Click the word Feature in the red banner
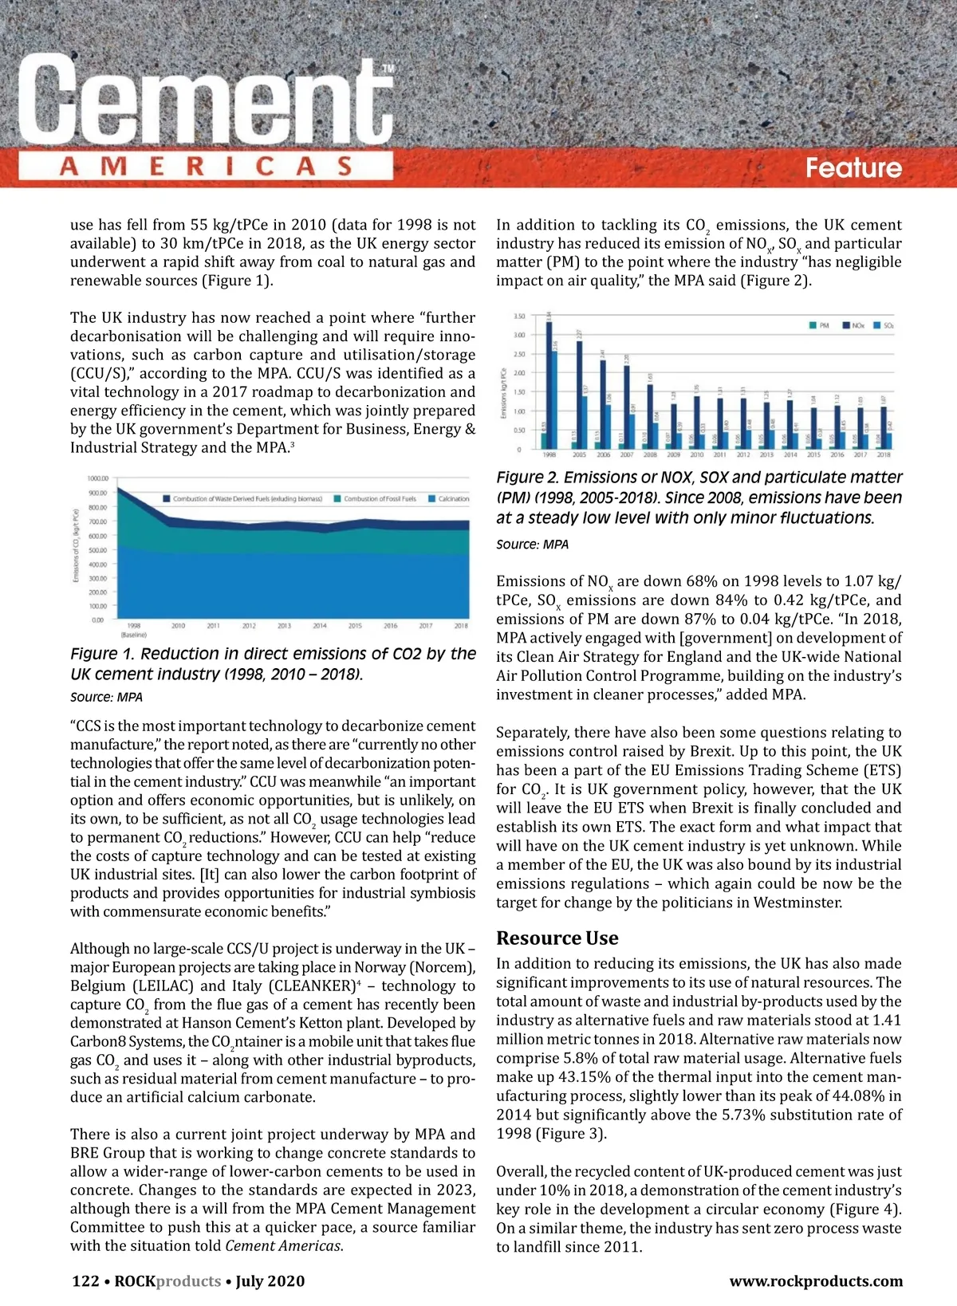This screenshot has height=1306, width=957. point(853,167)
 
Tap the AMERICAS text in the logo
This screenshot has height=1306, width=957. point(206,167)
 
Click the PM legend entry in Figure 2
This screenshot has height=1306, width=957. point(819,325)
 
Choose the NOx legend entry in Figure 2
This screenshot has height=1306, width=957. point(853,325)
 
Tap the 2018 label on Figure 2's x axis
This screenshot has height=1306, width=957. point(884,454)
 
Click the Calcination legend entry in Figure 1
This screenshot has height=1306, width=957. point(448,498)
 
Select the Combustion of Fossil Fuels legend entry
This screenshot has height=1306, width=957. point(375,498)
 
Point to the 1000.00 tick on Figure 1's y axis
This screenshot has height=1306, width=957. point(96,478)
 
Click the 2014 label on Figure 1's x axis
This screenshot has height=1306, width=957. point(320,626)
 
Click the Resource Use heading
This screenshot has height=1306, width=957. point(557,938)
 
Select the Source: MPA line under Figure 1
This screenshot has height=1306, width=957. point(106,697)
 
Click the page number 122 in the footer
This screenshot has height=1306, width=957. point(85,1281)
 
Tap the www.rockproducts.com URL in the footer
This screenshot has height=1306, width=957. point(816,1281)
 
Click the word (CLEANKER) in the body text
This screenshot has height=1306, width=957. point(314,985)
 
